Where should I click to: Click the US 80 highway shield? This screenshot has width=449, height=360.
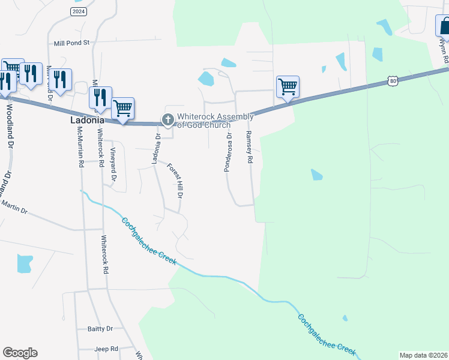[393, 80]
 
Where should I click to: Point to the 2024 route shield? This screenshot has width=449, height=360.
[78, 11]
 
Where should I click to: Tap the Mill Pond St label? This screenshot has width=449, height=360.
[71, 43]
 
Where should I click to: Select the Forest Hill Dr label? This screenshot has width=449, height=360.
[175, 181]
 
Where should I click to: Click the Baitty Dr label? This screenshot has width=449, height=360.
[100, 329]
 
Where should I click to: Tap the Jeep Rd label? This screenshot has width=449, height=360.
[106, 349]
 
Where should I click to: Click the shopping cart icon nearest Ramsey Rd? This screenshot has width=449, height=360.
[288, 87]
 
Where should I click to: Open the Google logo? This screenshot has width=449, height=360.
[20, 353]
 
